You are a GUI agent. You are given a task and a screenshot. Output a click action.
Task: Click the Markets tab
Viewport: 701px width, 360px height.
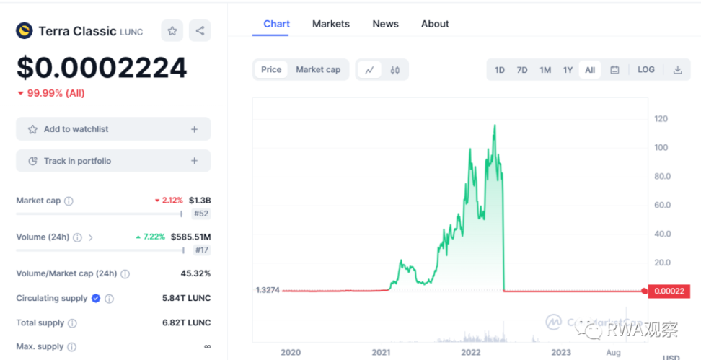coord(330,24)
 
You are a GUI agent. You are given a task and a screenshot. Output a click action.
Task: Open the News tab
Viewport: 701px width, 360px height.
coord(385,24)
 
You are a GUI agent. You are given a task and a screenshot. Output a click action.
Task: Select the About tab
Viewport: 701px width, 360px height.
coord(435,24)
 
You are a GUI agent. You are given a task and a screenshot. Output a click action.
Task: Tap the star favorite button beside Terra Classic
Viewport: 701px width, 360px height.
coord(172,31)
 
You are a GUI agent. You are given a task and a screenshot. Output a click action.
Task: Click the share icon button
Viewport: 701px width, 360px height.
coord(200,31)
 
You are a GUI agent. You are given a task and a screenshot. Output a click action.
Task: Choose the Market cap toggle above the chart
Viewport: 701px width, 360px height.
coord(318,69)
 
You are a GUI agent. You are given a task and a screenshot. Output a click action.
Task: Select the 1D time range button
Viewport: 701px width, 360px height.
coord(500,70)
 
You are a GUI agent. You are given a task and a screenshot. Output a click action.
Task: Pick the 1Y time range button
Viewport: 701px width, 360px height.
coord(568,70)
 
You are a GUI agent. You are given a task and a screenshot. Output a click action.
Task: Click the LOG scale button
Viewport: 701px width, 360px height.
coord(646,70)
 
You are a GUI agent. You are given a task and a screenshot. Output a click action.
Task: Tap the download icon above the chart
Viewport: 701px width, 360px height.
coord(677,70)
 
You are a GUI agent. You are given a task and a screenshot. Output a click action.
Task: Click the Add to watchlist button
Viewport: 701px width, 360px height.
coord(113,129)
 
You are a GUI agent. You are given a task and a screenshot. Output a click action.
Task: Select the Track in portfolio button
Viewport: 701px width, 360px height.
coord(113,161)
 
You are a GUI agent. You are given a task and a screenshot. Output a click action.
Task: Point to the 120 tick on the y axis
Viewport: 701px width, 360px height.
coord(661,119)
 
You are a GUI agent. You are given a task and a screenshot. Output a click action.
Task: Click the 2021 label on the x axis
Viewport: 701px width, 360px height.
coord(381,352)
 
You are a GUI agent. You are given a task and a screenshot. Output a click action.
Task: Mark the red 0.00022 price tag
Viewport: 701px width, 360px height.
coord(668,291)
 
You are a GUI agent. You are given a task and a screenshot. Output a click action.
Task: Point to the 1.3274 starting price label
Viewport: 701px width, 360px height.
coord(267,290)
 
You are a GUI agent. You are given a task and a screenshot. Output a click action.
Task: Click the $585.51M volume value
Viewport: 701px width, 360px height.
coord(190,237)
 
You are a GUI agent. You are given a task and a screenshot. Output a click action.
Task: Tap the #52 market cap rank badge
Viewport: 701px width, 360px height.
coord(201,214)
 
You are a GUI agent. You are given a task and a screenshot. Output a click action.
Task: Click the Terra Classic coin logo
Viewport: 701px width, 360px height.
coord(25,31)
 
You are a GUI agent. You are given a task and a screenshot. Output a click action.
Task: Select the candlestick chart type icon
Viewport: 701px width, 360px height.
coord(394,70)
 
